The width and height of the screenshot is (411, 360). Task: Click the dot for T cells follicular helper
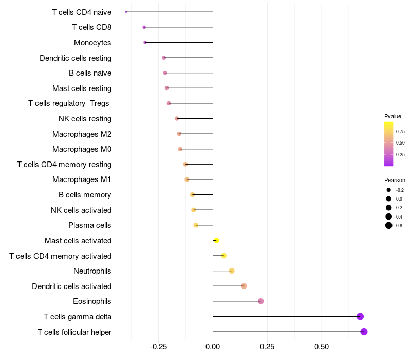[364, 332]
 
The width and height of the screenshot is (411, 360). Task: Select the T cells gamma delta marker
[360, 316]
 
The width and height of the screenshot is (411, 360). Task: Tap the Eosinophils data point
[260, 301]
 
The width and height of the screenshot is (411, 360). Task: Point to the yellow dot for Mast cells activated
[216, 240]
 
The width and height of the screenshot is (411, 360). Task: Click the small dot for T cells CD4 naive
[126, 12]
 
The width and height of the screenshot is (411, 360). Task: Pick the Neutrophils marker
[232, 271]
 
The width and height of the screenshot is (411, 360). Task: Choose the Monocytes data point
[145, 42]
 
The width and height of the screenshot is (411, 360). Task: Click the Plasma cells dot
[196, 225]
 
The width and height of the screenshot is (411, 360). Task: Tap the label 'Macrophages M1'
[82, 179]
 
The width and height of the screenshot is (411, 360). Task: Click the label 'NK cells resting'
[85, 119]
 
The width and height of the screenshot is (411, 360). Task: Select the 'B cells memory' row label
[85, 195]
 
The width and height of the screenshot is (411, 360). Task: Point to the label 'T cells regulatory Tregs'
[69, 103]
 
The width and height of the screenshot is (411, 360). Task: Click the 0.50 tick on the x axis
[322, 347]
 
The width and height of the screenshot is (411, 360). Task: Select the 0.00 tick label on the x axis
[213, 347]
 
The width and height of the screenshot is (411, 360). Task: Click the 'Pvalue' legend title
[393, 116]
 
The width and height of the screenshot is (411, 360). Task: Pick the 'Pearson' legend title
[395, 180]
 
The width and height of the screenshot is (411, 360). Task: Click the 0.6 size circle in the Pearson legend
[389, 225]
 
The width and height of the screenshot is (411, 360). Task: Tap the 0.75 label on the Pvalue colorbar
[400, 131]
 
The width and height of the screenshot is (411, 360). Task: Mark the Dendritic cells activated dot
[244, 286]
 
